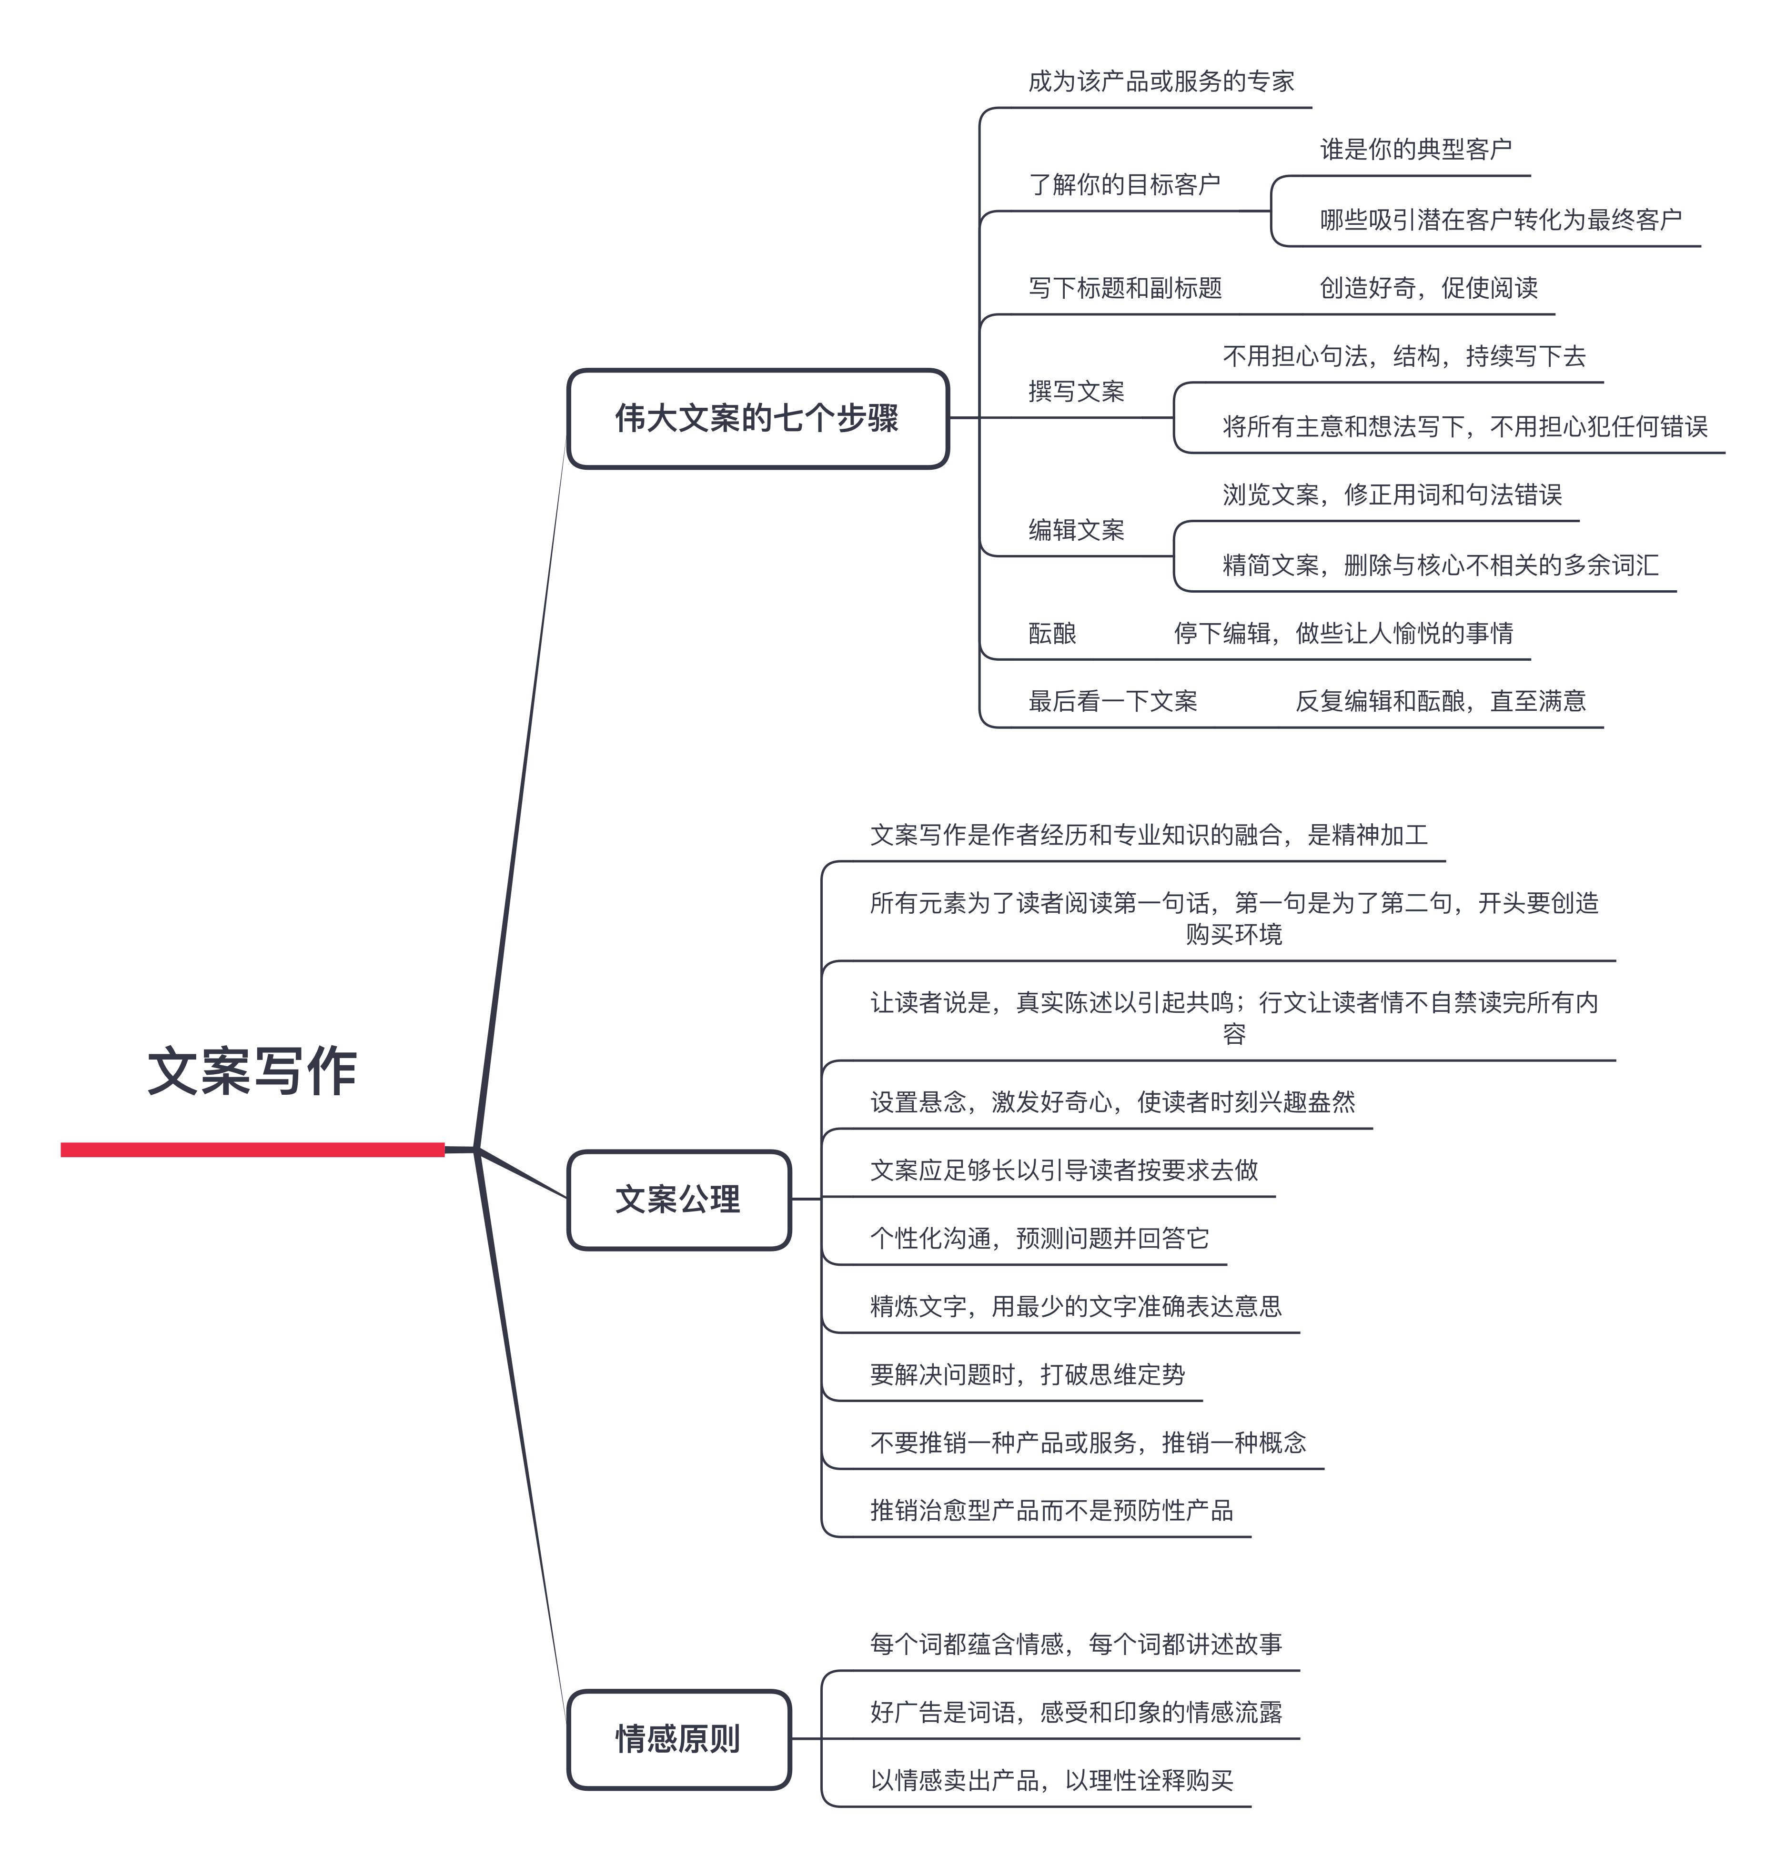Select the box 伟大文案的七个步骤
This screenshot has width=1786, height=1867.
coord(758,419)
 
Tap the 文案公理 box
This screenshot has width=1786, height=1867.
coord(679,1200)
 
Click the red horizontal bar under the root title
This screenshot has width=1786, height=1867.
coord(252,1150)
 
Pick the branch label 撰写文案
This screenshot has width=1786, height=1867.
coord(1076,391)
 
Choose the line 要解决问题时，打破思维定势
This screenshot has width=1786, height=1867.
coord(1027,1375)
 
